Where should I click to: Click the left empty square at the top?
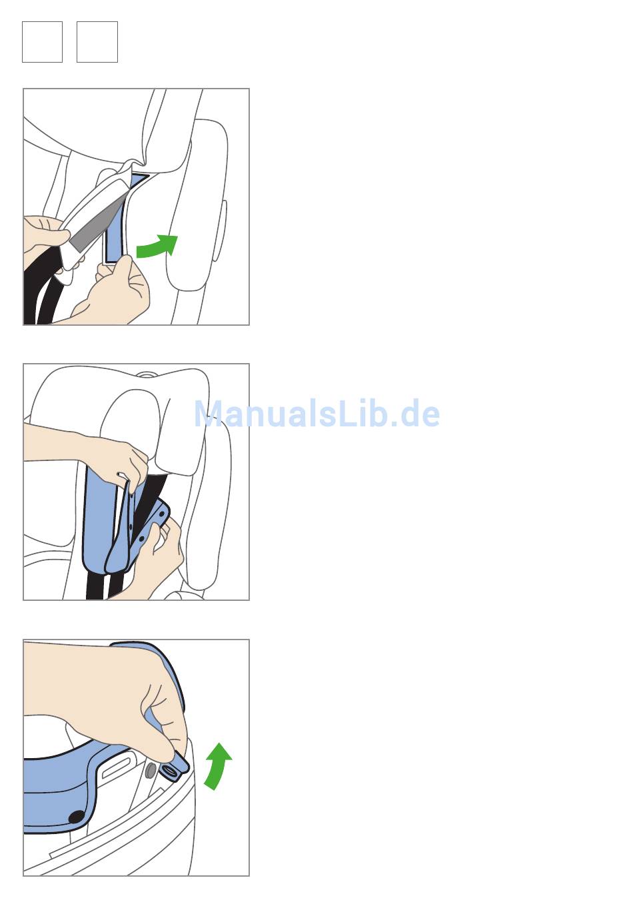tap(42, 42)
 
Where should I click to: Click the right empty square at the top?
tap(97, 42)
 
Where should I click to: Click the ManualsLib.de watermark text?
tap(316, 414)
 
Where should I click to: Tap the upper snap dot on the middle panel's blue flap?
tap(161, 514)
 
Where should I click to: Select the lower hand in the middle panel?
tap(155, 561)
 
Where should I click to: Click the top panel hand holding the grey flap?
tap(44, 240)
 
